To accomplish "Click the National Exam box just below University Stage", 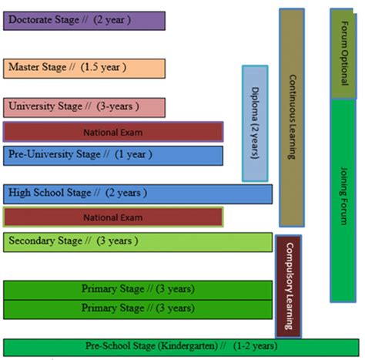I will point(112,132).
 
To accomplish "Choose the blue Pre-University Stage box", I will point(112,155).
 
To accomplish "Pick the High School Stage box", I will point(137,193).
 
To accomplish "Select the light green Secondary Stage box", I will point(137,241).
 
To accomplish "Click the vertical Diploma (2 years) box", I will point(255,123).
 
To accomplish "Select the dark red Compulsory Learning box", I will point(288,285).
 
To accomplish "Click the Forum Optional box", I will point(343,54).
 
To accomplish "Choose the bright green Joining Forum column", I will point(343,200).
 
